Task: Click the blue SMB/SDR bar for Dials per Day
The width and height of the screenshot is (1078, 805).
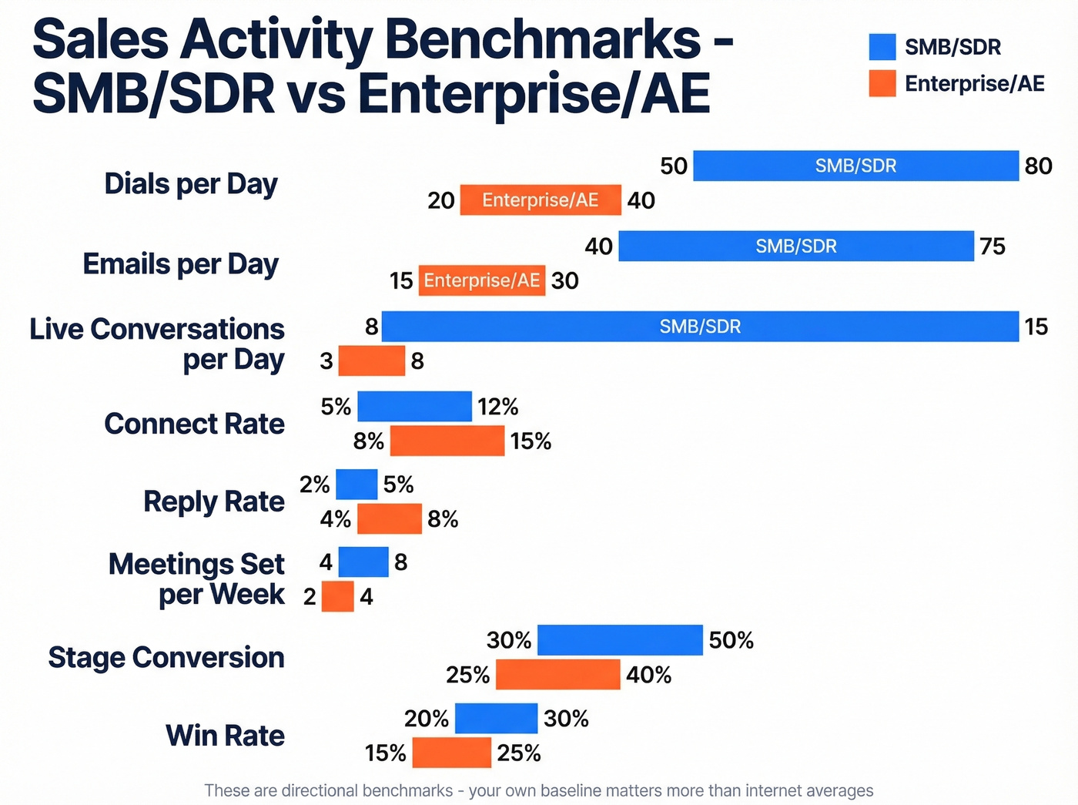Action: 855,166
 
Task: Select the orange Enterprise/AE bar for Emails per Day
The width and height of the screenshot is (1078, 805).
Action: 482,280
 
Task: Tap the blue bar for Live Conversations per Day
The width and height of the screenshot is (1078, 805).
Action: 700,327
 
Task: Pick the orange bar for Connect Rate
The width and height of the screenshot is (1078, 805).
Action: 447,441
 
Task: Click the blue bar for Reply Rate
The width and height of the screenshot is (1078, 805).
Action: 357,485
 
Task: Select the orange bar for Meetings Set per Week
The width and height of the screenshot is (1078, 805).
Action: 337,596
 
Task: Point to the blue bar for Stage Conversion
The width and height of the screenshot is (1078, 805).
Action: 620,640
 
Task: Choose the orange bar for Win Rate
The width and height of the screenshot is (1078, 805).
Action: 451,753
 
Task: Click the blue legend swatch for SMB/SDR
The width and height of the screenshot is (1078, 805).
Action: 882,47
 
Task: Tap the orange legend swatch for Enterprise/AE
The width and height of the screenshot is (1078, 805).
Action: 882,83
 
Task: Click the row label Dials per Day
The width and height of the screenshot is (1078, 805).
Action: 191,184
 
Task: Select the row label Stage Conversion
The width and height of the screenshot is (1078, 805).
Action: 166,658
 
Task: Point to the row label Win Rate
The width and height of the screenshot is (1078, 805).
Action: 225,736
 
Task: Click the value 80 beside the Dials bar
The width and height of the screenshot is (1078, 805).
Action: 1038,166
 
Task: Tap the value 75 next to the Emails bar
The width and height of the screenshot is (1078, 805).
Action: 993,247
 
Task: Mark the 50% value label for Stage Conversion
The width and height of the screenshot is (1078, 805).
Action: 731,640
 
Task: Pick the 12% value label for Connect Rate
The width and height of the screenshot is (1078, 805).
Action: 497,407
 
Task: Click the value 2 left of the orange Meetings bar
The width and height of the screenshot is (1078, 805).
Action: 310,597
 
